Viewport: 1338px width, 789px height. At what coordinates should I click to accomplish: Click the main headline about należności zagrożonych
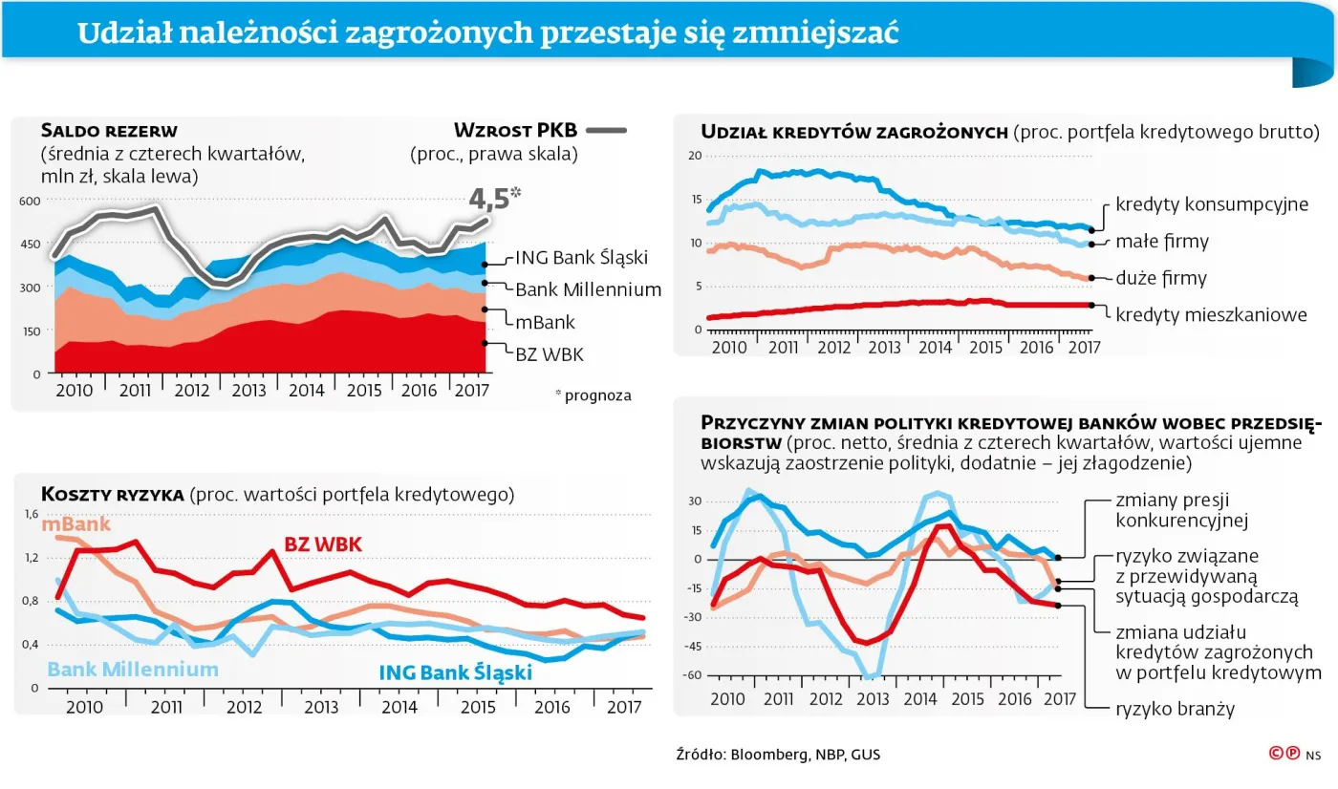click(487, 32)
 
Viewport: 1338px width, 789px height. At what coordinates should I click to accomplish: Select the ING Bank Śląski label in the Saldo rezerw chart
click(581, 258)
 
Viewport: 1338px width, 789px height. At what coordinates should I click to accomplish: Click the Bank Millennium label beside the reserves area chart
click(588, 289)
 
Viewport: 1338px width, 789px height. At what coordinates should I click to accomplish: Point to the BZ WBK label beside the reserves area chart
click(549, 354)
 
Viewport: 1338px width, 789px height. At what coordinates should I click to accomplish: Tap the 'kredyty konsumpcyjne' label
click(1211, 204)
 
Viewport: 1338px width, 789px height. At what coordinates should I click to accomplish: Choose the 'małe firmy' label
click(1162, 242)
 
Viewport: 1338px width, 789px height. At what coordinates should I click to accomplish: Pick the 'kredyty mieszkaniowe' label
click(1211, 313)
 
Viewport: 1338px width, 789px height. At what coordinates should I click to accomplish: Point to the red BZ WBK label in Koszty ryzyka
click(323, 544)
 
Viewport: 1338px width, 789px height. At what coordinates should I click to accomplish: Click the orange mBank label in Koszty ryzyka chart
click(76, 523)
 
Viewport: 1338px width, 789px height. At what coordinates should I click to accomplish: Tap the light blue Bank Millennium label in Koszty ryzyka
click(133, 669)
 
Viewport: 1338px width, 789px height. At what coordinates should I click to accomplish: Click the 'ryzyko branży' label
click(1175, 709)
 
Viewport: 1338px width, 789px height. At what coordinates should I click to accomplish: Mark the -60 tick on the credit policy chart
click(691, 674)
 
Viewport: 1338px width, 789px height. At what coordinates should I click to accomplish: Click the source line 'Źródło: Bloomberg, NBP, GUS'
click(777, 755)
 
